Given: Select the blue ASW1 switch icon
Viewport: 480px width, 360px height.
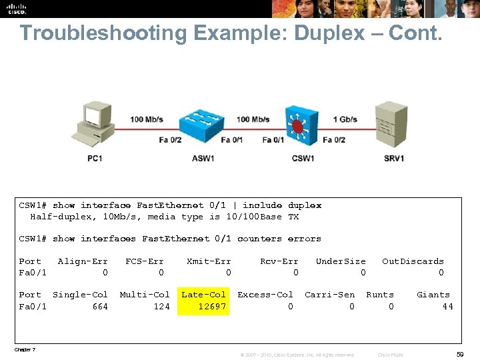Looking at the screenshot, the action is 203,123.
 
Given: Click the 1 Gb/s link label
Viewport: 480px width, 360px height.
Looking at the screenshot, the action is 345,120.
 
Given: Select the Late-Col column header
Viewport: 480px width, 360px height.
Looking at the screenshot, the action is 204,294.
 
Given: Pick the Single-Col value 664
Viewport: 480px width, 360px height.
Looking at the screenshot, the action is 99,306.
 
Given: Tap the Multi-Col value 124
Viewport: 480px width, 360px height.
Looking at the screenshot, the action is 161,306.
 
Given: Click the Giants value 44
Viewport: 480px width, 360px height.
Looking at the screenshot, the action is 447,306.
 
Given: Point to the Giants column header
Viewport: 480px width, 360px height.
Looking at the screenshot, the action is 433,294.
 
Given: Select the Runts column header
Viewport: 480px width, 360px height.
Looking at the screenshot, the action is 380,294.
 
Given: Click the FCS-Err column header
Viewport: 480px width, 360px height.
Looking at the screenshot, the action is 145,261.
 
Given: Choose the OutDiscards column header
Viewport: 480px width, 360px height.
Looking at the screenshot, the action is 413,261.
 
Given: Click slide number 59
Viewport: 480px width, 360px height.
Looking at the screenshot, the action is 460,354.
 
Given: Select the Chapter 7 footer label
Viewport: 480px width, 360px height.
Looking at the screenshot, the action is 25,349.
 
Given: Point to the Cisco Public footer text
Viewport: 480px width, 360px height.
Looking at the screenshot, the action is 390,355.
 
